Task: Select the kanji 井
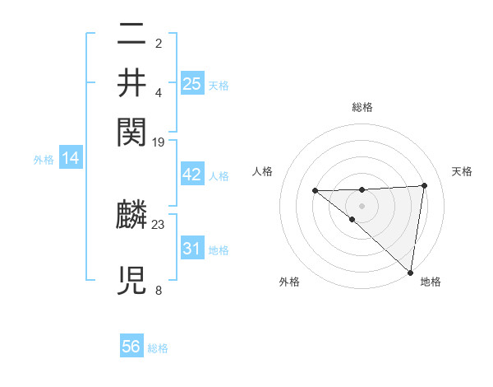pos(131,82)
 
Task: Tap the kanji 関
pos(131,130)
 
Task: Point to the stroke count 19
pos(159,142)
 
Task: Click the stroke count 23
pos(159,223)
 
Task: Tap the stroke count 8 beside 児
pos(159,290)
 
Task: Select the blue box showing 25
pos(192,83)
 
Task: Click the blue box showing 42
pos(192,175)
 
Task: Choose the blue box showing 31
pos(192,248)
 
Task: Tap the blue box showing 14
pos(71,158)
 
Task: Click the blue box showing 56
pos(131,347)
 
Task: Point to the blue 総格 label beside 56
pos(158,348)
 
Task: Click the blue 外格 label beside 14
pos(44,160)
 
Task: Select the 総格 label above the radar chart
pos(362,107)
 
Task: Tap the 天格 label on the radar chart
pos(462,171)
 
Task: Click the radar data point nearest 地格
pos(409,271)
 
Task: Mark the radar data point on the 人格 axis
pos(316,191)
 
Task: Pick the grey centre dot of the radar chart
pos(362,206)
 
